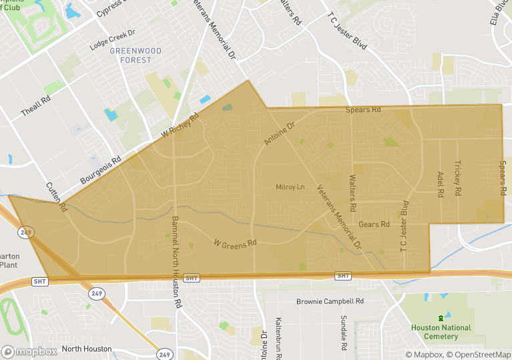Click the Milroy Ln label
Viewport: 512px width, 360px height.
point(290,187)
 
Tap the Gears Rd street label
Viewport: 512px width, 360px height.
point(374,224)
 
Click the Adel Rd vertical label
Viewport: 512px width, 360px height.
point(441,184)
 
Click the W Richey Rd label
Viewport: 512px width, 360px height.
point(180,126)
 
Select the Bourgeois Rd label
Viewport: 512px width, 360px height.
point(101,170)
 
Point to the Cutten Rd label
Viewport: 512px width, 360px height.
point(57,197)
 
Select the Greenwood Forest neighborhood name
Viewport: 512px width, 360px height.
point(131,55)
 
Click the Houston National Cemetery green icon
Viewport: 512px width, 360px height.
point(440,318)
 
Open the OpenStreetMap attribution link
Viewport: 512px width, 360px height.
point(479,355)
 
